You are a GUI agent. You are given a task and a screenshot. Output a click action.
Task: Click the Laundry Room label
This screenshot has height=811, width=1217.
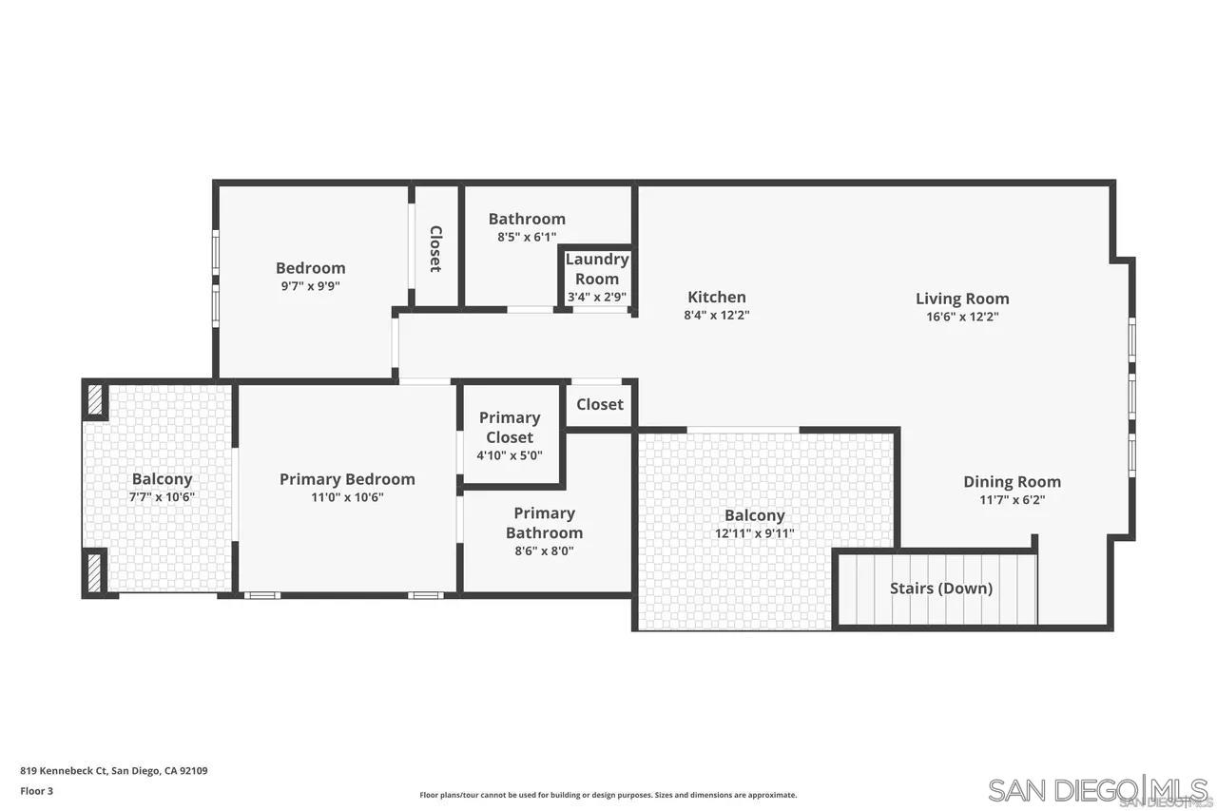pos(597,269)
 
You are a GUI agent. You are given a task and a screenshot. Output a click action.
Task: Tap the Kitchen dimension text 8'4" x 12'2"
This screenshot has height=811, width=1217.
pos(717,316)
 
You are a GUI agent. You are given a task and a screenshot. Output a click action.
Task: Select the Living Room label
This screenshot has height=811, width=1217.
pos(962,299)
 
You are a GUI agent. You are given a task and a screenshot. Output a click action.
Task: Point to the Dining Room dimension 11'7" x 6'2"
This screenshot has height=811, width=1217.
pos(1012,500)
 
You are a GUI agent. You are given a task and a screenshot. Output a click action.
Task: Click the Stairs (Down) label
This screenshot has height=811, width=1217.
pos(940,589)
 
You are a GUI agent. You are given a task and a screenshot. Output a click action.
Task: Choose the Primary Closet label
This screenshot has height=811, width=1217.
pos(510,428)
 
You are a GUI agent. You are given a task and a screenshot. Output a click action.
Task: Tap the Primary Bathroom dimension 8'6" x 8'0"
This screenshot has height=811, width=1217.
pos(544,550)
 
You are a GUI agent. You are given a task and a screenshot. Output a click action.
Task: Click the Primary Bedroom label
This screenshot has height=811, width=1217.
pos(347,479)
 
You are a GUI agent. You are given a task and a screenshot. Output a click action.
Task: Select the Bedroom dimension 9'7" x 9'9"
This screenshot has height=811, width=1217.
pos(310,285)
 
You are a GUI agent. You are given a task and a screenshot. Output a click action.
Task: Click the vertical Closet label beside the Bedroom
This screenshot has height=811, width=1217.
pos(435,248)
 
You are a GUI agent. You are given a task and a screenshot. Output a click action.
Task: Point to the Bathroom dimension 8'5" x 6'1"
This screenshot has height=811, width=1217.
pos(527,237)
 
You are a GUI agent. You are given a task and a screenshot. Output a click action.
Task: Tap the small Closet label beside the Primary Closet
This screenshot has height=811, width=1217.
pos(600,404)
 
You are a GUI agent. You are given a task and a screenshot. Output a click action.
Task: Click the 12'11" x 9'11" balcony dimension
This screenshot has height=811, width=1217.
pos(755,533)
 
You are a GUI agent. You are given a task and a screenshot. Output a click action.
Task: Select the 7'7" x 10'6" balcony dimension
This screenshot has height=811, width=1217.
pos(162,496)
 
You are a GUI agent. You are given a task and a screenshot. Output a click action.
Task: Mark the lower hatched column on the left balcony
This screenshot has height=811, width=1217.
pos(95,572)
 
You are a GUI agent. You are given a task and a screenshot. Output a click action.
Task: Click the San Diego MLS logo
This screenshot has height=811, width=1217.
pos(1098,790)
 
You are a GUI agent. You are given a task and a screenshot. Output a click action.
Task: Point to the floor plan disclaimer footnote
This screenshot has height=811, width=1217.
pos(608,795)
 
